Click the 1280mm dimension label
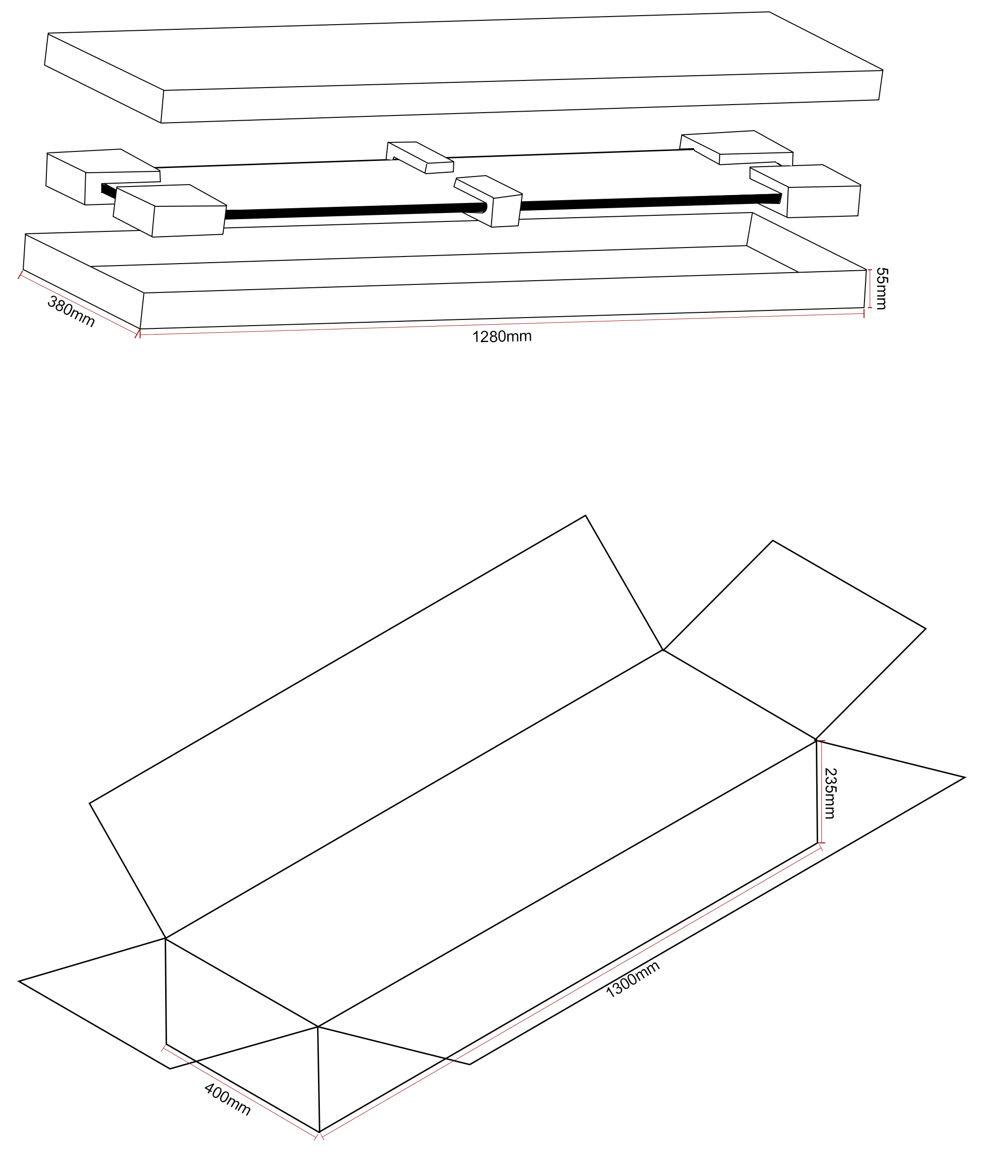(x=502, y=337)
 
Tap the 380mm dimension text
(x=71, y=311)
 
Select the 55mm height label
(x=881, y=289)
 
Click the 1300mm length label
(x=633, y=979)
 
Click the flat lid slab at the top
(x=464, y=67)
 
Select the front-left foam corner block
(x=169, y=211)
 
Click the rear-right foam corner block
(x=737, y=148)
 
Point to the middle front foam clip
(x=488, y=201)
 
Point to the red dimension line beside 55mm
(x=869, y=289)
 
